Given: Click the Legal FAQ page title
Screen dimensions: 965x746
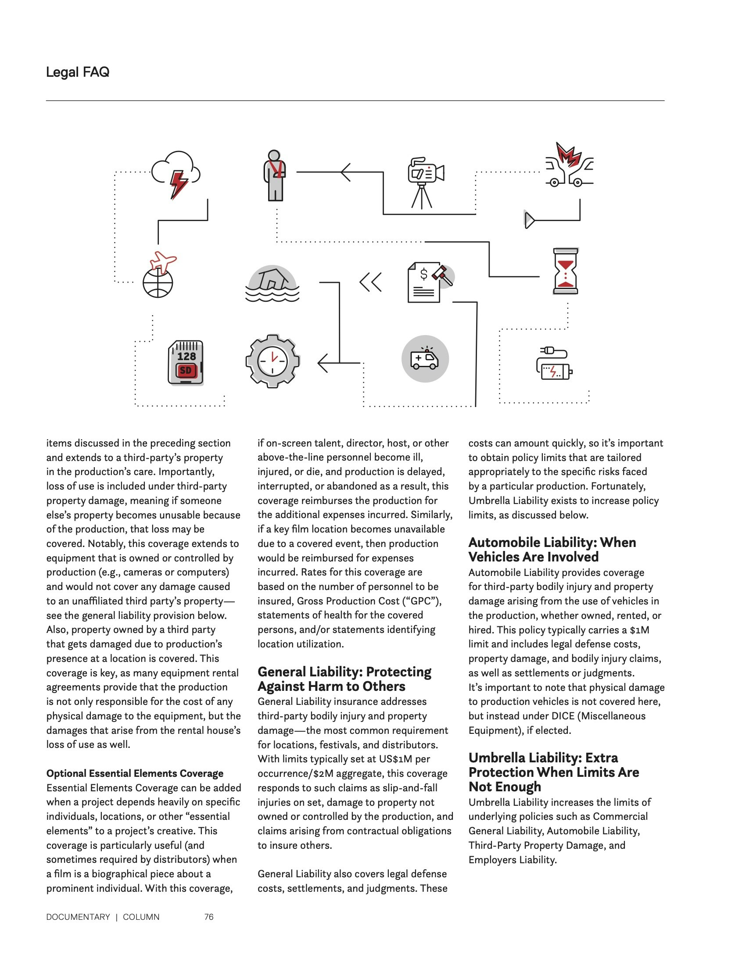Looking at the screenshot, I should [77, 72].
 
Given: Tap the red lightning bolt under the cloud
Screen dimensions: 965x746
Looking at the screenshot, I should [179, 184].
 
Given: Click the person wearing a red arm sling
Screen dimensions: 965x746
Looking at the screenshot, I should [274, 176].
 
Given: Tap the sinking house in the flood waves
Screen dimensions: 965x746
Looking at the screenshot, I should [272, 283].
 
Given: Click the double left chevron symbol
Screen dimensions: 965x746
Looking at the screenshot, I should [370, 282].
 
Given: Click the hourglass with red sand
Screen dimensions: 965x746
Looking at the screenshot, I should [566, 271].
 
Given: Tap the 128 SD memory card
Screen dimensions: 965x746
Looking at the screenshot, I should [186, 362].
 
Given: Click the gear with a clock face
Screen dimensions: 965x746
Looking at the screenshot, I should [272, 361].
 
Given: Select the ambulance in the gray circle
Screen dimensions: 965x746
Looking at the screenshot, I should [425, 359].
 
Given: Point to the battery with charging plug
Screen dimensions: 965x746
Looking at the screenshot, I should [554, 364].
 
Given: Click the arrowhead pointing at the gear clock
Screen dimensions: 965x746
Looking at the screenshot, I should [323, 363].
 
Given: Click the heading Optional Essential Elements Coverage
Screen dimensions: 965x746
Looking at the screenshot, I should [135, 773].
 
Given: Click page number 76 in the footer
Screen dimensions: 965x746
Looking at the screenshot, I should [208, 917].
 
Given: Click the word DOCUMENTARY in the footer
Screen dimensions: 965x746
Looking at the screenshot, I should [78, 917].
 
